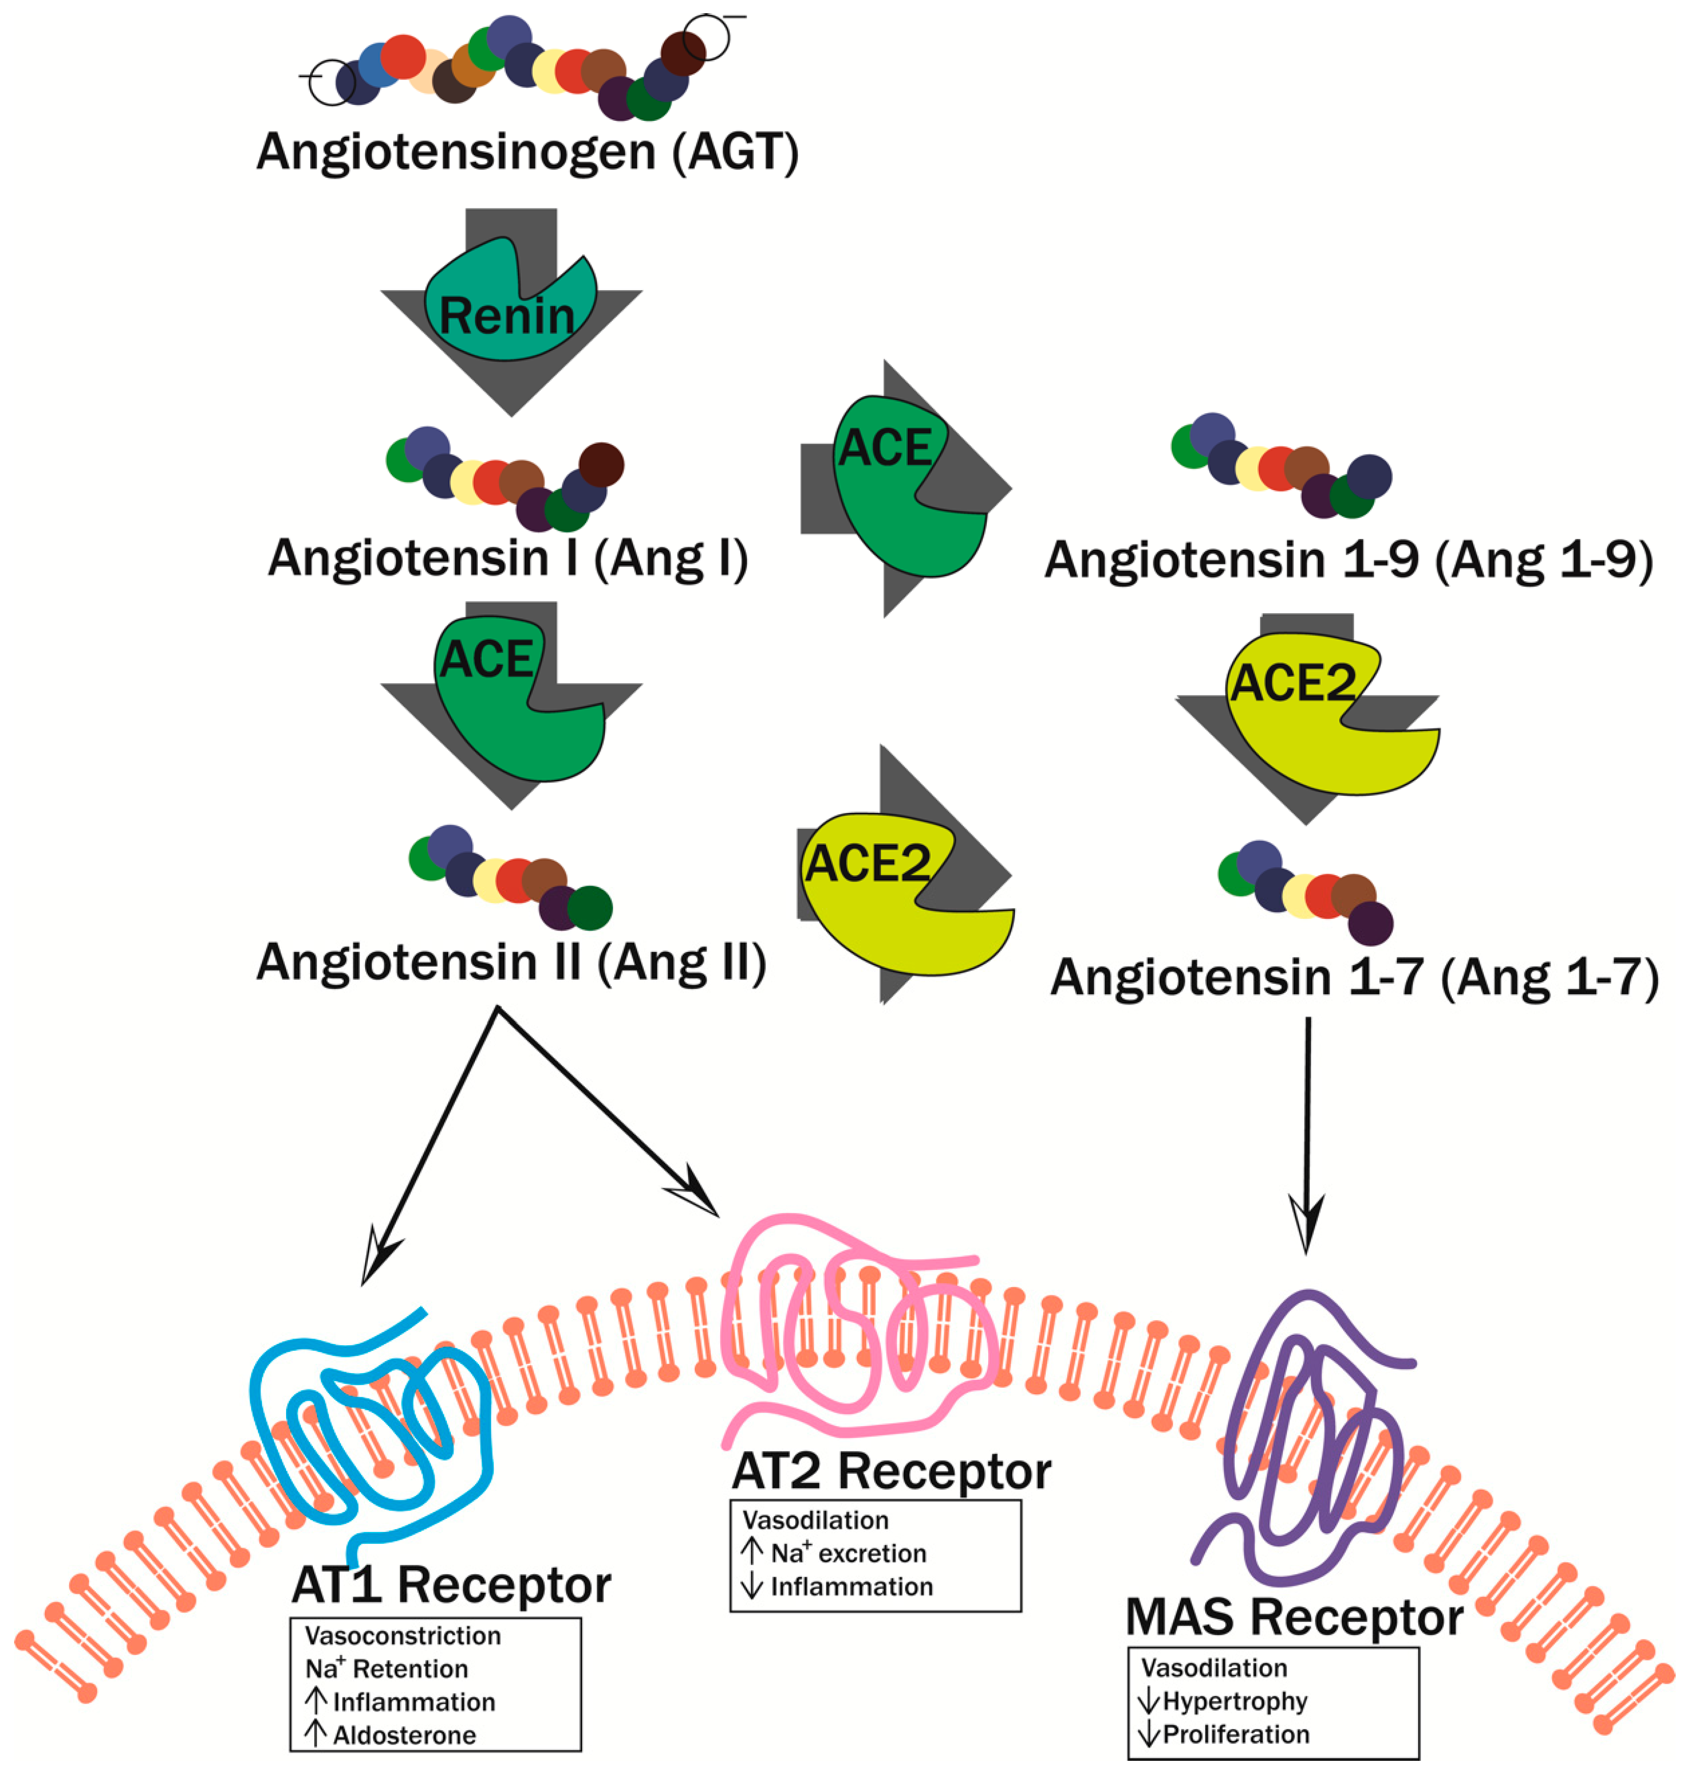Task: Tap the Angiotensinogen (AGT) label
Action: tap(528, 152)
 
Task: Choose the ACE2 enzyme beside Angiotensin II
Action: tap(902, 902)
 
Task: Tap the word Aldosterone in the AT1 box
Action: tap(404, 1735)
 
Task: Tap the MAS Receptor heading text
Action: tap(1294, 1617)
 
